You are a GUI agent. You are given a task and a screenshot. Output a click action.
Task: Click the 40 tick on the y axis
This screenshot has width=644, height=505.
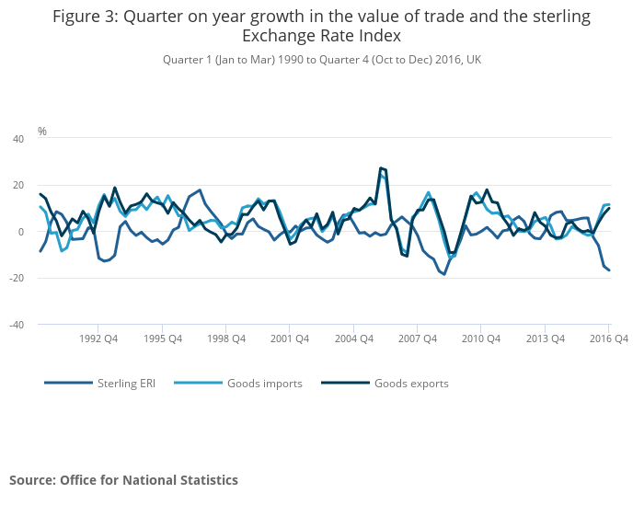pyautogui.click(x=17, y=139)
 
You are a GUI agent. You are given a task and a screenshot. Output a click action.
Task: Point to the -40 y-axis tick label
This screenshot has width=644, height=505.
pyautogui.click(x=16, y=325)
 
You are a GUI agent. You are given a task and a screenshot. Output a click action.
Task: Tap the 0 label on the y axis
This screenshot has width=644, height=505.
pyautogui.click(x=20, y=232)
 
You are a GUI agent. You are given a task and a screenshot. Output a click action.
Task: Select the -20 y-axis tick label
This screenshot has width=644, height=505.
pyautogui.click(x=16, y=278)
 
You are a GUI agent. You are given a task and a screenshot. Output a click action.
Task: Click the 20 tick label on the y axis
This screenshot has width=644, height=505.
pyautogui.click(x=17, y=185)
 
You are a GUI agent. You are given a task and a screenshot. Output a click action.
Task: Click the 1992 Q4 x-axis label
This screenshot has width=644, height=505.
pyautogui.click(x=98, y=339)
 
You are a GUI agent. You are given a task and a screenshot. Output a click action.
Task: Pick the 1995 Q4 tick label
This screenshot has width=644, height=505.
pyautogui.click(x=162, y=339)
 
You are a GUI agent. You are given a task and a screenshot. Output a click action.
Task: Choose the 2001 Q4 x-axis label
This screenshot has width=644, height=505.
pyautogui.click(x=289, y=339)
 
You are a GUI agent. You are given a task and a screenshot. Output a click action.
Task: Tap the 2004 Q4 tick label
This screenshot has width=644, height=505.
pyautogui.click(x=353, y=339)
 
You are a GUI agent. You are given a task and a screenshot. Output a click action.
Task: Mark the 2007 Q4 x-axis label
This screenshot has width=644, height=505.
pyautogui.click(x=417, y=339)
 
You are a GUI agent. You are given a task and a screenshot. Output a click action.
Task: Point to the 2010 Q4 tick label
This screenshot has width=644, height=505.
pyautogui.click(x=480, y=339)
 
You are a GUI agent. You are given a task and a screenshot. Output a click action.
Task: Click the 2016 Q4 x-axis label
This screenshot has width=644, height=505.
pyautogui.click(x=608, y=339)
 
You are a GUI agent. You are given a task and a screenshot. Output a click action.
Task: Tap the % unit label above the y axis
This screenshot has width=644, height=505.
pyautogui.click(x=42, y=132)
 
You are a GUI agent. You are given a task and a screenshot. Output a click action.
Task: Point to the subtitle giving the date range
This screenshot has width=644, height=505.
pyautogui.click(x=322, y=60)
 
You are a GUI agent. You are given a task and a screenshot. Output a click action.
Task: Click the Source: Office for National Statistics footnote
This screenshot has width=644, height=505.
pyautogui.click(x=123, y=480)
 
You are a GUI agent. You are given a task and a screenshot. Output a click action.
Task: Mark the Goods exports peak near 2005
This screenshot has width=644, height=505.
pyautogui.click(x=380, y=168)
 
